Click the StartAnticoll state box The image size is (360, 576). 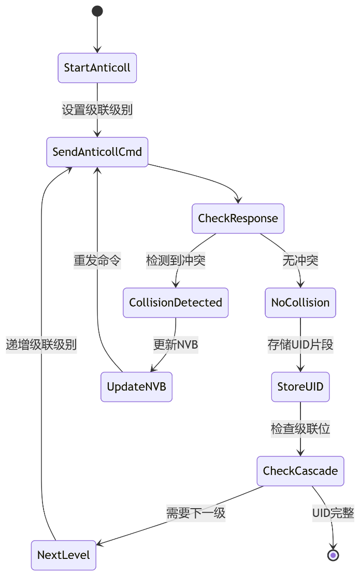tap(97, 68)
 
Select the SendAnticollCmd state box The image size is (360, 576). tap(97, 152)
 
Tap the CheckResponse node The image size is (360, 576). tap(238, 219)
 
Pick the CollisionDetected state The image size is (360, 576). tap(176, 303)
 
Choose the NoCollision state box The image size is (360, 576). tap(300, 303)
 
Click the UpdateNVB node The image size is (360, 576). tap(136, 386)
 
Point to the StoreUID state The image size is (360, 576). tap(300, 386)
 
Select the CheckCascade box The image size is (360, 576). tap(300, 471)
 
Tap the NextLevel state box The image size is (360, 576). tap(64, 555)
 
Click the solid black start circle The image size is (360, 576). tap(97, 11)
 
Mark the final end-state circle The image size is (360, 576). tap(333, 555)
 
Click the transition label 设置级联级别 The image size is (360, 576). tap(97, 110)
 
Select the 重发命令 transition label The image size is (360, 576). tap(97, 261)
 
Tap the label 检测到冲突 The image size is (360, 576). tap(176, 261)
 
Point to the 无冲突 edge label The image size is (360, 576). tap(300, 261)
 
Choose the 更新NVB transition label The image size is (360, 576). tap(176, 344)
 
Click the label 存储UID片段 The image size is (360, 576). tap(300, 344)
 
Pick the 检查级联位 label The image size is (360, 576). tap(300, 429)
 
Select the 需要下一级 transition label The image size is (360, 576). tap(196, 513)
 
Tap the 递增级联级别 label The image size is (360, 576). tap(41, 344)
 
